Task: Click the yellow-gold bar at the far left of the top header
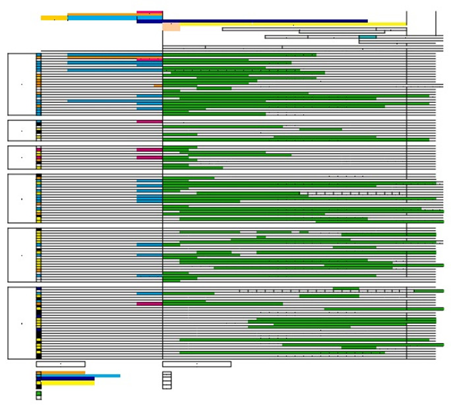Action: click(53, 18)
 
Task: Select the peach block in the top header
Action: click(171, 27)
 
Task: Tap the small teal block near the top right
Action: click(368, 37)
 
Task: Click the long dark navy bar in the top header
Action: click(264, 20)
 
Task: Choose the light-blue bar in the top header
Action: click(102, 18)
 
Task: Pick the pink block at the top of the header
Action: click(150, 13)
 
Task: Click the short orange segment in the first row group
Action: click(158, 86)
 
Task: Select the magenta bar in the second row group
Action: click(150, 121)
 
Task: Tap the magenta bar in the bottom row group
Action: click(150, 304)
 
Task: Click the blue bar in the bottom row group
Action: click(150, 294)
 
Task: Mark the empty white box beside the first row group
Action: click(22, 84)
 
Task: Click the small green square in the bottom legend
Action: click(39, 393)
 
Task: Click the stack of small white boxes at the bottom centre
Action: click(167, 380)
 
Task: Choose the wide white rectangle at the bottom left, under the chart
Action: click(61, 364)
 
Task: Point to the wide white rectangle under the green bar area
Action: click(196, 364)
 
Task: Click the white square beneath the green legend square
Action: click(39, 398)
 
